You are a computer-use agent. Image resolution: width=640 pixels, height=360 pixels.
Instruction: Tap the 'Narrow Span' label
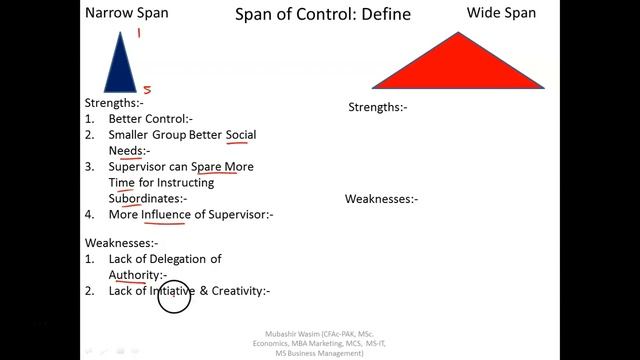pyautogui.click(x=127, y=13)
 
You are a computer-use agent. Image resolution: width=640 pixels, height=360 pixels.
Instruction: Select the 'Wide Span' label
pyautogui.click(x=501, y=13)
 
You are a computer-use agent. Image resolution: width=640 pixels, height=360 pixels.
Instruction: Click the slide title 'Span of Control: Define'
pyautogui.click(x=308, y=15)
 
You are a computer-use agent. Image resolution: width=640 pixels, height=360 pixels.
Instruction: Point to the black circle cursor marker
pyautogui.click(x=174, y=297)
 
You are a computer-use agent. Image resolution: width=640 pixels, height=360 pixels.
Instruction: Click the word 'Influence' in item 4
pyautogui.click(x=166, y=214)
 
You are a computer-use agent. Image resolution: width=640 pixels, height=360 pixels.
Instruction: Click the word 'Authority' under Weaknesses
pyautogui.click(x=134, y=275)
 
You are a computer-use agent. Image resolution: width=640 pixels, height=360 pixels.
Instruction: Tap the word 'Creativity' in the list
pyautogui.click(x=236, y=291)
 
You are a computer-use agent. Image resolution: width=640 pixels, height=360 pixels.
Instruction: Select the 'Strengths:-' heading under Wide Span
pyautogui.click(x=378, y=107)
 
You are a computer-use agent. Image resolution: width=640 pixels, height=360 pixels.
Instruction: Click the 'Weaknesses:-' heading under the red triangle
pyautogui.click(x=381, y=199)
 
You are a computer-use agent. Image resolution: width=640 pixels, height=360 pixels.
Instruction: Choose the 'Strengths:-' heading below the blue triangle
pyautogui.click(x=114, y=103)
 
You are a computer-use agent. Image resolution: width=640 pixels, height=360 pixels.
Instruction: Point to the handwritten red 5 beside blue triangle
pyautogui.click(x=147, y=89)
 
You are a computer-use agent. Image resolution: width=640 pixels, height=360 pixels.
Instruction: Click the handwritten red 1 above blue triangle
pyautogui.click(x=139, y=33)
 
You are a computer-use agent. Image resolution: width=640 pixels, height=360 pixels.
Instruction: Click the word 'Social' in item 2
pyautogui.click(x=241, y=135)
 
